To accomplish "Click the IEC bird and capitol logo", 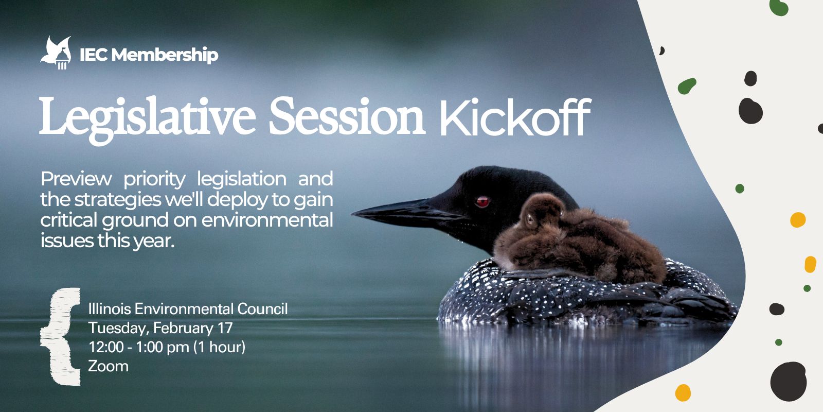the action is [x=56, y=53].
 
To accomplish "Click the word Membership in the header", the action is [x=165, y=55].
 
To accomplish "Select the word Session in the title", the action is [x=347, y=116].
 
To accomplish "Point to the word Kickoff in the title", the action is [x=515, y=117].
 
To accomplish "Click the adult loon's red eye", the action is [x=482, y=201].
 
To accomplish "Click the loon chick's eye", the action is [x=530, y=219].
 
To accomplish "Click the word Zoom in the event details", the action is [x=108, y=366].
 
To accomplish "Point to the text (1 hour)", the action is [x=219, y=347].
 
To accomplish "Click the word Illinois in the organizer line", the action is [x=110, y=309].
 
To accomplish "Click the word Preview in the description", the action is [x=76, y=179].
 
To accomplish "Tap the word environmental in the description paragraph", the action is [x=267, y=220].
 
